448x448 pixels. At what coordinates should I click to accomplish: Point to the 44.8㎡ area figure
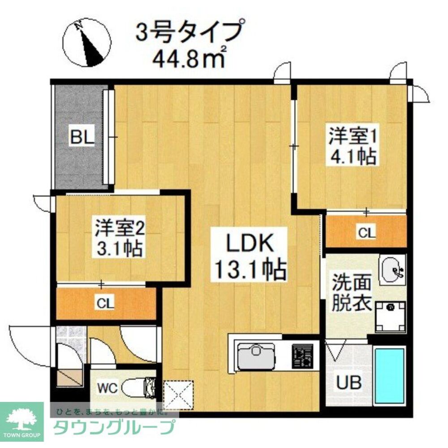pos(189,58)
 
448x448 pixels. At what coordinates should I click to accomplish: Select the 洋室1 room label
pos(352,136)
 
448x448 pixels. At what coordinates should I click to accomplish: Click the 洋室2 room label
pos(119,228)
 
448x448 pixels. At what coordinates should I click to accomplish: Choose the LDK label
pos(249,245)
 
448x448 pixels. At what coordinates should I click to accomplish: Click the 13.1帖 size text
pos(249,270)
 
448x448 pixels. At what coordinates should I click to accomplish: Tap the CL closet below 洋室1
pos(366,233)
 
